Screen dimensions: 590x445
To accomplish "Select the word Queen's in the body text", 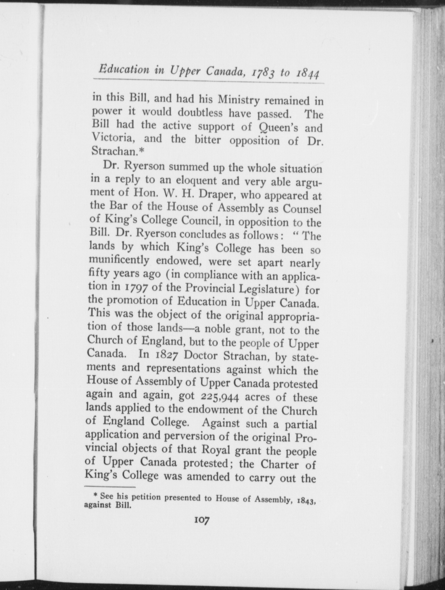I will point(277,127).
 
